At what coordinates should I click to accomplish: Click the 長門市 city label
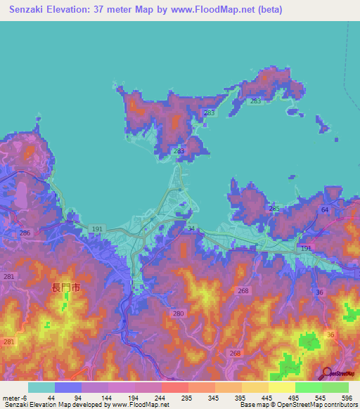coord(66,287)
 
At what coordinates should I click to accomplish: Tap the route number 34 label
coord(191,228)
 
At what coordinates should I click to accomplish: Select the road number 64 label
coord(324,210)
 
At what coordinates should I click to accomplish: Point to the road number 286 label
coord(25,233)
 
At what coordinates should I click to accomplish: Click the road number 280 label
coord(178,313)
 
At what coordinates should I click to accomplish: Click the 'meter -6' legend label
coord(15,397)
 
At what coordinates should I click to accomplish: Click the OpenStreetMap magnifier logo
coord(326,373)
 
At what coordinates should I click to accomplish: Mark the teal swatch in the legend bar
coord(41,387)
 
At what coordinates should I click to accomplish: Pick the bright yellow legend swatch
coord(282,387)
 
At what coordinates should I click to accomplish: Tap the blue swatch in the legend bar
coord(68,387)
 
